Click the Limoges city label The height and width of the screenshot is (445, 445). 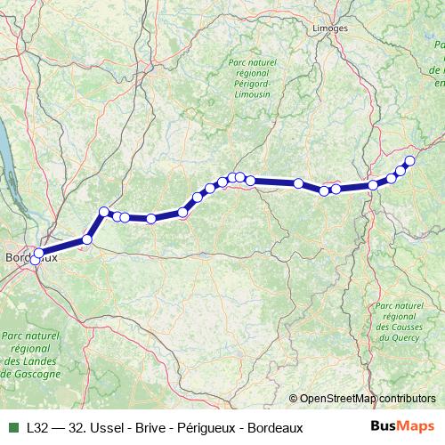[330, 28]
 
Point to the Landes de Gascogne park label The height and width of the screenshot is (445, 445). [30, 354]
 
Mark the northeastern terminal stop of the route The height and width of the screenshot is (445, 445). [409, 160]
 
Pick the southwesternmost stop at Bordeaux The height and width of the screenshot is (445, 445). [36, 260]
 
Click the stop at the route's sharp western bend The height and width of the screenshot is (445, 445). [104, 211]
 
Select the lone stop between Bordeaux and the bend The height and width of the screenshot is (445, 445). [87, 239]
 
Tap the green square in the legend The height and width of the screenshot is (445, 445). [11, 426]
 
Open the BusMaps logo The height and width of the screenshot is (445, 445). [403, 425]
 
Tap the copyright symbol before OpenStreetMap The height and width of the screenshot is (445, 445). [293, 400]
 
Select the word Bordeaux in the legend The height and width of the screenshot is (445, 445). [273, 426]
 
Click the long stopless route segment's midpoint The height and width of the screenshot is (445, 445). [275, 182]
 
